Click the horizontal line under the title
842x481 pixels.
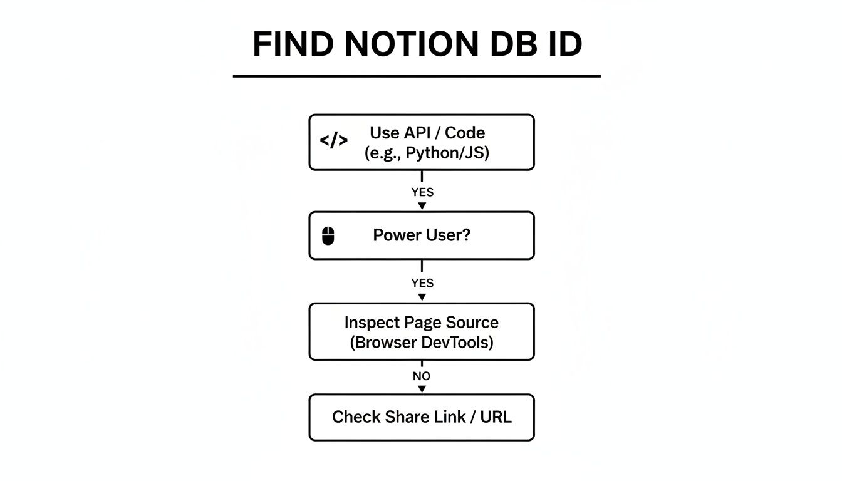417,76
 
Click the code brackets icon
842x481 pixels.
333,141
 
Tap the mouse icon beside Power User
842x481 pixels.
328,236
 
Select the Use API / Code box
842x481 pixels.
422,142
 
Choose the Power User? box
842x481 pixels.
422,235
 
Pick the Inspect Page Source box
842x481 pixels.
422,331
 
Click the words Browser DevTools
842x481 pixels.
422,343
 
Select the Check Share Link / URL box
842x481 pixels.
422,417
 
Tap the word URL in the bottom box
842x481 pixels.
496,417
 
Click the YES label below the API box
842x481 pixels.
422,192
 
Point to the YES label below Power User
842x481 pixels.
422,283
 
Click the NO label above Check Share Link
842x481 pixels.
422,376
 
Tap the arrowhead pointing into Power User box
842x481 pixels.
422,206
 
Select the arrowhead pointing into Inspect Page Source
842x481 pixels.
422,297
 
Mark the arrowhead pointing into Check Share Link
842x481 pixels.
422,389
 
